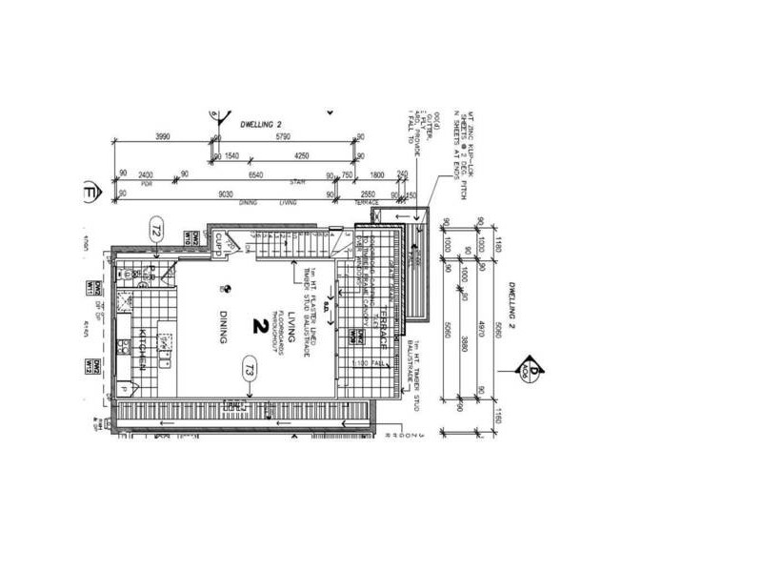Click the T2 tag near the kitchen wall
(x=157, y=229)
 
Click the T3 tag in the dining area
(x=249, y=368)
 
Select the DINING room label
(x=222, y=329)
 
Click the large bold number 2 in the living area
(x=258, y=325)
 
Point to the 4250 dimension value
(x=301, y=155)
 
